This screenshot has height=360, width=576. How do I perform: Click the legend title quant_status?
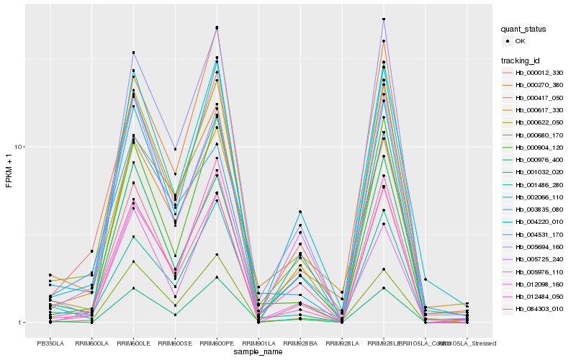pyautogui.click(x=524, y=29)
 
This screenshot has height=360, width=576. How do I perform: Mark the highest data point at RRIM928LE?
pyautogui.click(x=384, y=19)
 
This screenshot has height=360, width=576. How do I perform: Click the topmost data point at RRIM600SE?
pyautogui.click(x=176, y=149)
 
